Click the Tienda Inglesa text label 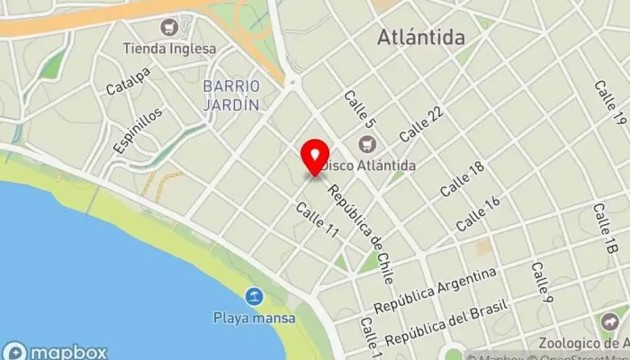tap(169, 49)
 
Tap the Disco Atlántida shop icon tap(367, 144)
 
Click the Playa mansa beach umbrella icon tap(256, 296)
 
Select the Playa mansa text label tap(249, 317)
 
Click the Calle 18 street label tap(463, 179)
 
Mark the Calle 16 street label tap(478, 212)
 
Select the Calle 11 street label tap(318, 219)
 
